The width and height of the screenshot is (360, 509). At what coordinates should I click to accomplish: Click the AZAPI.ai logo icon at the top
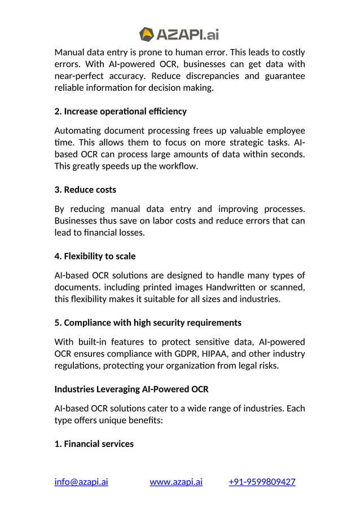[x=147, y=34]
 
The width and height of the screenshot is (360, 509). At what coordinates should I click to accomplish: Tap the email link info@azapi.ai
[x=81, y=481]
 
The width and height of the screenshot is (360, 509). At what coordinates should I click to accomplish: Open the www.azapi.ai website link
[x=176, y=481]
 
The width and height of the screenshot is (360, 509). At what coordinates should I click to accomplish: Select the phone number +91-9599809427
[x=262, y=481]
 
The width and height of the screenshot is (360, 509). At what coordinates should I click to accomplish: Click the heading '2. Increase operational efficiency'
[x=120, y=111]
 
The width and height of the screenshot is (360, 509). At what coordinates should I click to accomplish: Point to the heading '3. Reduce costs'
[x=85, y=189]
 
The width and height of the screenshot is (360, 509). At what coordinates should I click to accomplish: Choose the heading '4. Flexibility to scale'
[x=95, y=256]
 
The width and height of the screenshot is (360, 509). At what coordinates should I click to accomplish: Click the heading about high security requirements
[x=148, y=323]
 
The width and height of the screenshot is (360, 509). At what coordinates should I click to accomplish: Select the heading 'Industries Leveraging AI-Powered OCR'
[x=131, y=389]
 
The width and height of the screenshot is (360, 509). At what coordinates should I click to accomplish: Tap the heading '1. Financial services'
[x=94, y=444]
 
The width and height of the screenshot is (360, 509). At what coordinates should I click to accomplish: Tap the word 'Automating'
[x=78, y=130]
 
